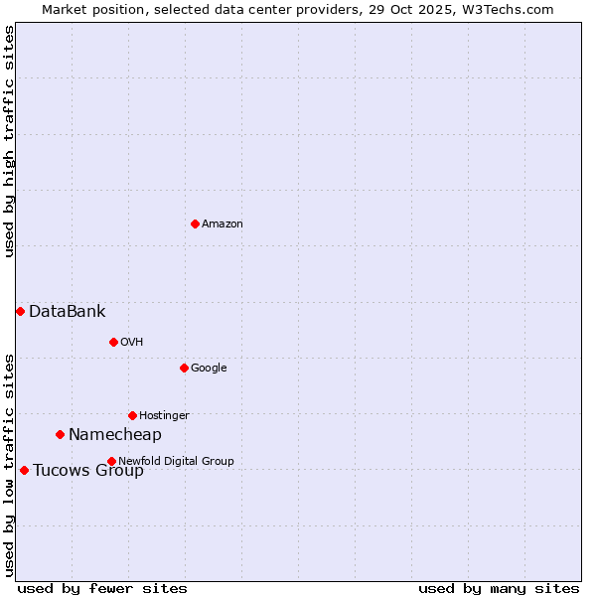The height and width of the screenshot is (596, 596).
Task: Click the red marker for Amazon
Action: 195,223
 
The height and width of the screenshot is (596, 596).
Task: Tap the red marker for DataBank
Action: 20,311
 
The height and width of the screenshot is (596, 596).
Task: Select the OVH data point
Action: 113,342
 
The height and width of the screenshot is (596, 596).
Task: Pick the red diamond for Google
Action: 184,368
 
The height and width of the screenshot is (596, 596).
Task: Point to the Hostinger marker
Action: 132,415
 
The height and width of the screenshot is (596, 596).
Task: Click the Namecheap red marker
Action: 60,434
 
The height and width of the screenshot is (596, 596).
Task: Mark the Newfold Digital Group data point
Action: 111,461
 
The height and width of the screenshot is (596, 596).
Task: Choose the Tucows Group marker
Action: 24,470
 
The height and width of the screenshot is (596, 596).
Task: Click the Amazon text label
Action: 223,224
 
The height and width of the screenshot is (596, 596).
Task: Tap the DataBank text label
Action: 67,312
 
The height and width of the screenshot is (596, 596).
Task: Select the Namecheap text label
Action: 114,435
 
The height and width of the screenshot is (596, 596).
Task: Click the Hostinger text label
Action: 164,415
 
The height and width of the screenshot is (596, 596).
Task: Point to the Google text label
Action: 209,368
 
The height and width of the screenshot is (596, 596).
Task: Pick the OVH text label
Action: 132,342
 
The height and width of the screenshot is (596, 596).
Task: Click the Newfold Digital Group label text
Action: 176,461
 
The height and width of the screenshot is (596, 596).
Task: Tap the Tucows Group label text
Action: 87,471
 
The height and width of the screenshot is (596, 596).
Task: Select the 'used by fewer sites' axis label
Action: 102,588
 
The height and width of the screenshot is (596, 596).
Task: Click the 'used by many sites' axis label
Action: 499,588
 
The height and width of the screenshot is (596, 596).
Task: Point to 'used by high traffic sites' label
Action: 9,141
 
